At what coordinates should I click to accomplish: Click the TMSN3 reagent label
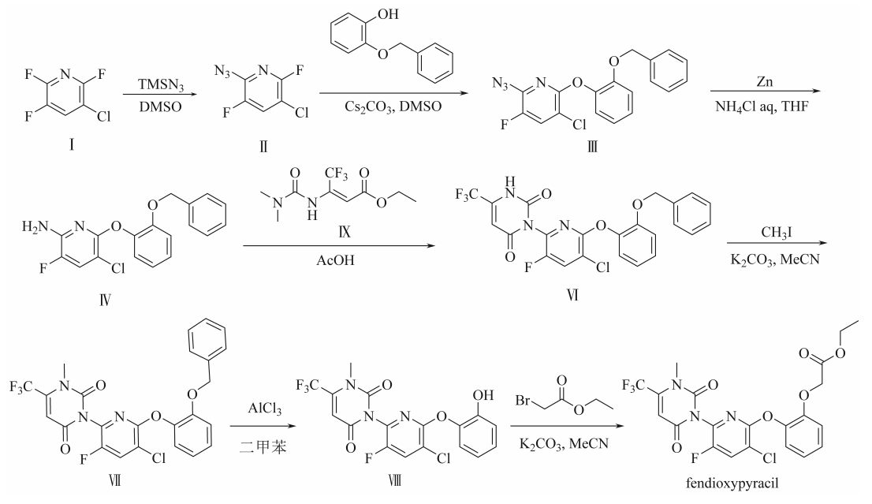[x=160, y=85]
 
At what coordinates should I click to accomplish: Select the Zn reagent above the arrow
[x=765, y=81]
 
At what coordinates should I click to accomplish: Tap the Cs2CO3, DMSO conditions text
[x=393, y=106]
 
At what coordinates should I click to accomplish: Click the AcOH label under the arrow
[x=335, y=259]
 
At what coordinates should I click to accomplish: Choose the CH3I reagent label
[x=776, y=233]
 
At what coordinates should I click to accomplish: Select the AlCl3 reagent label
[x=264, y=409]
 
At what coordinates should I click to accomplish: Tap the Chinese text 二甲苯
[x=263, y=446]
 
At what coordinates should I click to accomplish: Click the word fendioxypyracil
[x=732, y=483]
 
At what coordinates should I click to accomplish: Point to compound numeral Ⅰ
[x=72, y=145]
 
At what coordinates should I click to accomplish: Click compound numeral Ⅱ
[x=263, y=146]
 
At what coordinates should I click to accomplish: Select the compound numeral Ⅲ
[x=592, y=147]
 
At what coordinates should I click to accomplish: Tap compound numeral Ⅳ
[x=105, y=301]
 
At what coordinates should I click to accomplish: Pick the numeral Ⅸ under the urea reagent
[x=345, y=231]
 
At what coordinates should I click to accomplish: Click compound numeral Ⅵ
[x=573, y=295]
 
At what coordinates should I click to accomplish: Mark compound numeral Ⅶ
[x=114, y=480]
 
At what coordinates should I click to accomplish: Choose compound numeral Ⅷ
[x=394, y=480]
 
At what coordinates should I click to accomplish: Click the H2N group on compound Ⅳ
[x=35, y=227]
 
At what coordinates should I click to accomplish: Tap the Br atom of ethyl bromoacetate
[x=523, y=400]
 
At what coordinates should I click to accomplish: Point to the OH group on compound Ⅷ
[x=483, y=395]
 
